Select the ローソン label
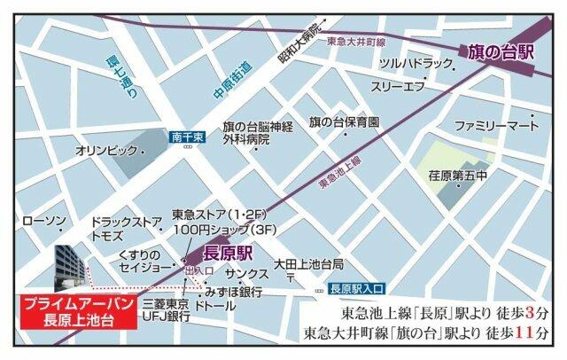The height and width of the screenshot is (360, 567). click(42, 219)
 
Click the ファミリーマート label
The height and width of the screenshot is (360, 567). click(497, 126)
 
